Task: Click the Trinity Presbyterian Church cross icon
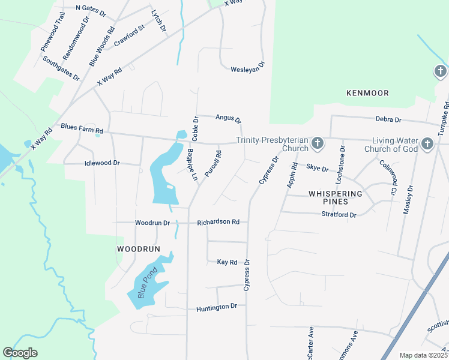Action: tap(318, 143)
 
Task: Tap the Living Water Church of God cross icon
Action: tap(427, 143)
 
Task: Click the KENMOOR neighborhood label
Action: tap(367, 93)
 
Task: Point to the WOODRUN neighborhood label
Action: tap(139, 248)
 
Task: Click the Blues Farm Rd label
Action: tap(82, 129)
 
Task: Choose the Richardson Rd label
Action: tap(218, 223)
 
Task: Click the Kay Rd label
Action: tap(228, 262)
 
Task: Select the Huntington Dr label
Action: tap(217, 307)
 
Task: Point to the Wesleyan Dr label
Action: tap(247, 70)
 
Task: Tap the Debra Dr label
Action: tap(388, 120)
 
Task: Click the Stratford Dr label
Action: tap(339, 214)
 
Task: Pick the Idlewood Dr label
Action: tap(103, 163)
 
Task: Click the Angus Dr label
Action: tap(228, 119)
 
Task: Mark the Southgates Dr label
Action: tap(61, 68)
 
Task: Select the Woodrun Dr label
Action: tap(152, 223)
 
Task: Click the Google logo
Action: tap(20, 353)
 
